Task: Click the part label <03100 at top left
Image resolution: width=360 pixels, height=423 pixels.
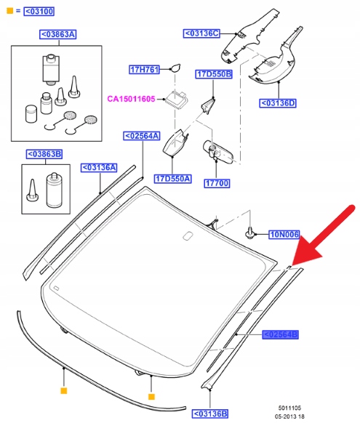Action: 39,12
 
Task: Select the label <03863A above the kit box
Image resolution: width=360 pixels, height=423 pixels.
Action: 58,34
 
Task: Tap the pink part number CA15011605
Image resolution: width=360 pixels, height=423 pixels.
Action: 131,99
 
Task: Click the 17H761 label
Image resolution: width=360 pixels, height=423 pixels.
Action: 144,70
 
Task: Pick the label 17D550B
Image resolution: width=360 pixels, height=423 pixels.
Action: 214,74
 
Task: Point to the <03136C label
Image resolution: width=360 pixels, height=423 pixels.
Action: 201,33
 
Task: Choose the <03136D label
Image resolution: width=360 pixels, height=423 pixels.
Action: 278,103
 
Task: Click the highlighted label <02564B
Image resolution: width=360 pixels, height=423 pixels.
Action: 281,334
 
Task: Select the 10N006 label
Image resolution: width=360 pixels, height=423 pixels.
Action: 284,234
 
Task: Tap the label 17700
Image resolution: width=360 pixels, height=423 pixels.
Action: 217,183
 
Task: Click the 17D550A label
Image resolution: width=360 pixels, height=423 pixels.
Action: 173,179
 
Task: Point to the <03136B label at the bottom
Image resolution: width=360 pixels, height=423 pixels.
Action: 210,414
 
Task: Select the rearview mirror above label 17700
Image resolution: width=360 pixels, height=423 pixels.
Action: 217,152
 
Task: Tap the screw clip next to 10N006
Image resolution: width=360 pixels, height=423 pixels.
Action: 250,233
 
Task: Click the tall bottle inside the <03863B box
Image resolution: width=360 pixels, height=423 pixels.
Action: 55,190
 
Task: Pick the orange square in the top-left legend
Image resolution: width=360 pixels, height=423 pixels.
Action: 9,11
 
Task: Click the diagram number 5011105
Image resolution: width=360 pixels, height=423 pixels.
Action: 290,408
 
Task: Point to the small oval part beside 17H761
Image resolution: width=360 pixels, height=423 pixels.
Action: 175,68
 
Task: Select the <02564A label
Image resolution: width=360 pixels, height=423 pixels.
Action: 142,136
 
